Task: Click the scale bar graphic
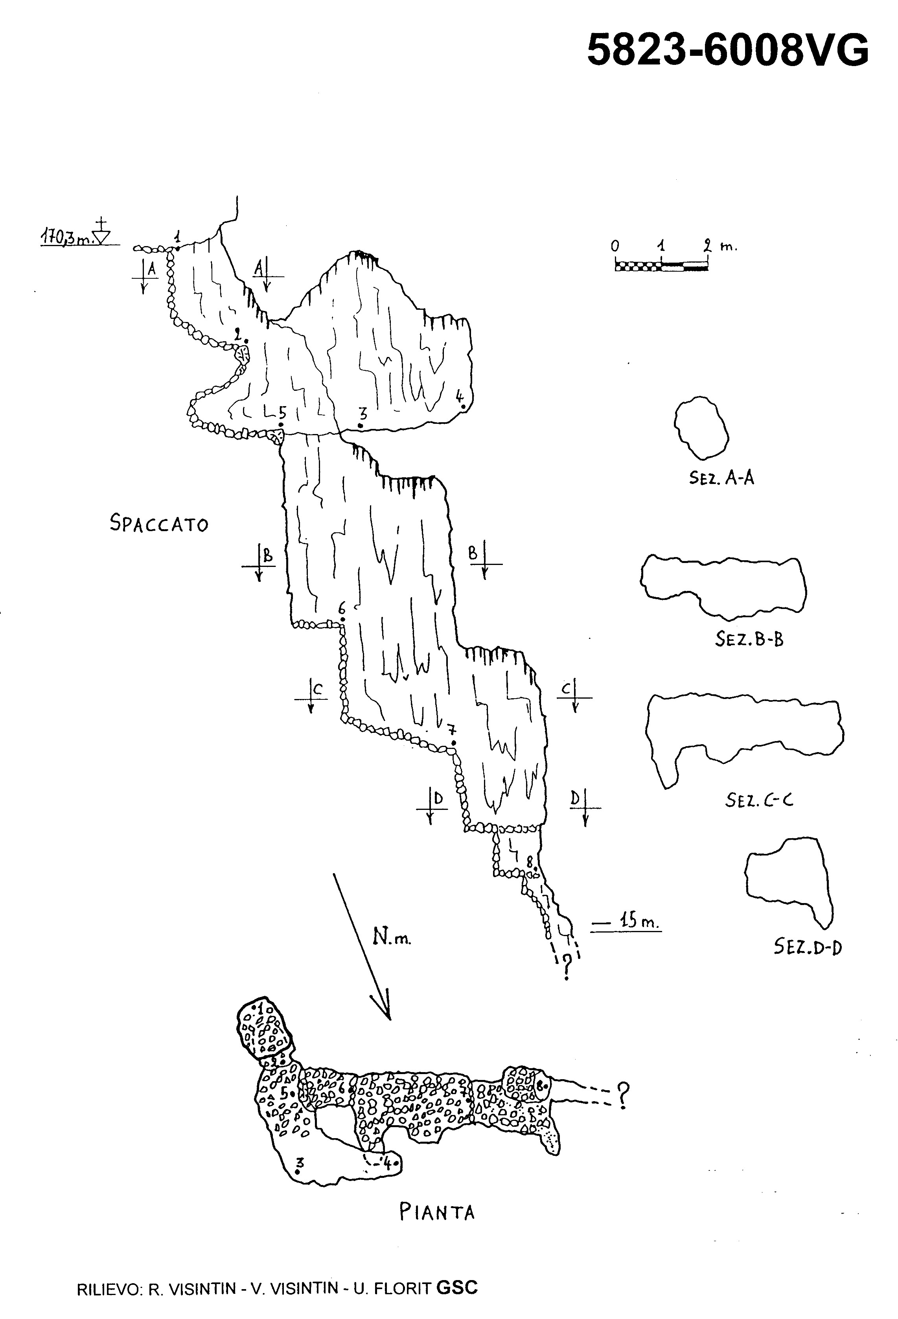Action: pos(661,265)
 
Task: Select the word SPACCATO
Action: pos(159,523)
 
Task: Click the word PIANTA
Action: pos(436,1213)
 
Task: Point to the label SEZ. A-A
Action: pos(721,478)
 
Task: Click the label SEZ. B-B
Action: pos(749,639)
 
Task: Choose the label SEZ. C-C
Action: pos(759,800)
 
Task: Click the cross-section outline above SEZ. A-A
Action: pos(701,427)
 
